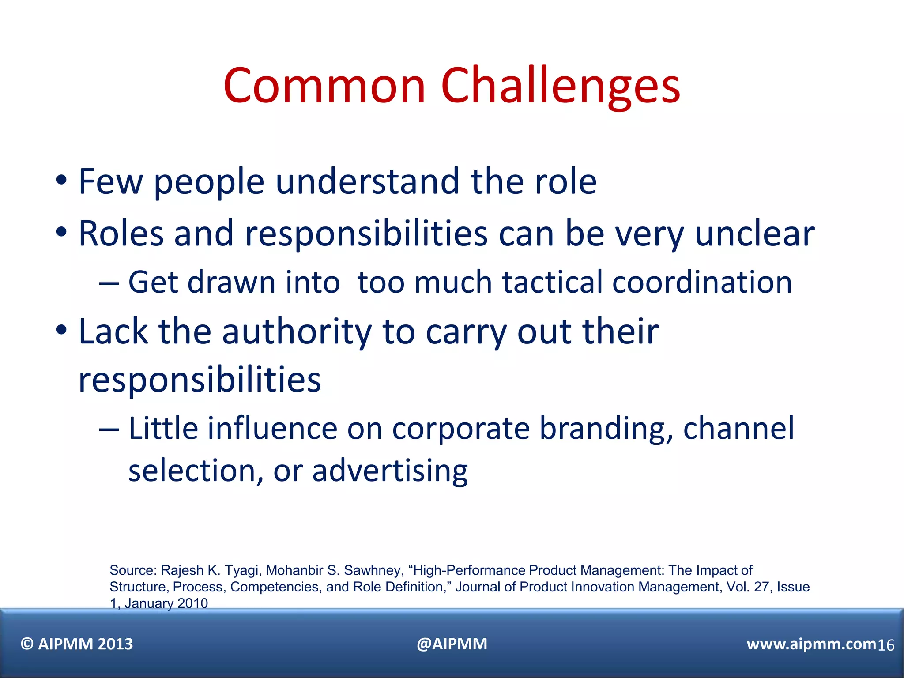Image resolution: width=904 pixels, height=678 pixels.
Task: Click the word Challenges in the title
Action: [x=560, y=86]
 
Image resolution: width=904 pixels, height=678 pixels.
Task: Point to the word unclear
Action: [x=754, y=234]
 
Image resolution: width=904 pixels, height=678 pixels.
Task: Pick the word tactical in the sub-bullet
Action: [x=552, y=282]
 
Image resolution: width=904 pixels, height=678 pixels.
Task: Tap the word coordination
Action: [x=702, y=282]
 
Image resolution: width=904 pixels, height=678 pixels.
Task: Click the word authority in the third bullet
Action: [x=297, y=332]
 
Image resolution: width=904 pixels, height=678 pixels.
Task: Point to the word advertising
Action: [x=390, y=471]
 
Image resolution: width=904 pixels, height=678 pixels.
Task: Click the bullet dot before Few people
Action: [x=61, y=181]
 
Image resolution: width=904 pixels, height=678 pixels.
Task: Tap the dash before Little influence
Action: [x=109, y=429]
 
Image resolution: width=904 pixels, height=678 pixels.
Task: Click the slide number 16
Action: [x=885, y=646]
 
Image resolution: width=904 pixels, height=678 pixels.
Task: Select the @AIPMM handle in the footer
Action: [x=452, y=644]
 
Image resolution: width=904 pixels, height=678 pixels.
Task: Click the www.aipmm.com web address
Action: [x=811, y=644]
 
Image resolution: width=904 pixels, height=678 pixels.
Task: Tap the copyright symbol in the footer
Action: [x=27, y=644]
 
